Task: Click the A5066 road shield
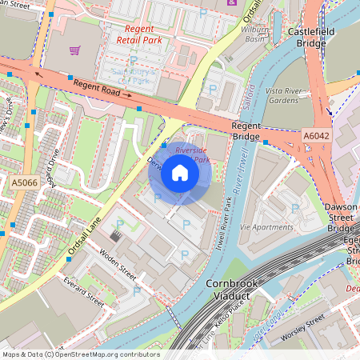(x=23, y=183)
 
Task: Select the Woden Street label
(x=118, y=265)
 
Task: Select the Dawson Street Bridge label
(x=342, y=218)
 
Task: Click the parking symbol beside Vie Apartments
(x=295, y=209)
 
